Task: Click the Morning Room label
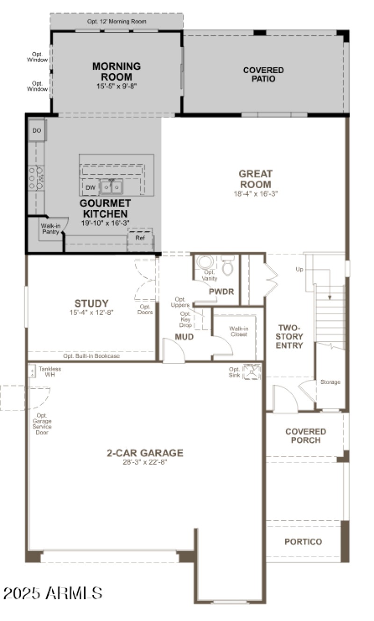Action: (116, 71)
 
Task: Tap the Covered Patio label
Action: (263, 74)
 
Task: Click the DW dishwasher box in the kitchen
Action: (91, 188)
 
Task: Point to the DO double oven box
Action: (36, 131)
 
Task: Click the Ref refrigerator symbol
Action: (140, 238)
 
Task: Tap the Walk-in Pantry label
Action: (50, 229)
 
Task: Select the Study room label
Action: (92, 303)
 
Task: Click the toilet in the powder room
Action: (227, 266)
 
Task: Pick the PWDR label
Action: (221, 291)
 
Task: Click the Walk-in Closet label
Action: (238, 331)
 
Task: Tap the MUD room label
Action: (184, 337)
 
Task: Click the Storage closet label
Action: (330, 382)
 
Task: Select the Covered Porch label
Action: (306, 436)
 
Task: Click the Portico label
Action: (303, 541)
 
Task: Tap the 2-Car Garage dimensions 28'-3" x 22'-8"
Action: (145, 462)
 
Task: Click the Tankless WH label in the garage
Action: (50, 372)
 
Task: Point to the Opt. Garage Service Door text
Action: (42, 424)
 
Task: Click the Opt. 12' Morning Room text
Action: (116, 22)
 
